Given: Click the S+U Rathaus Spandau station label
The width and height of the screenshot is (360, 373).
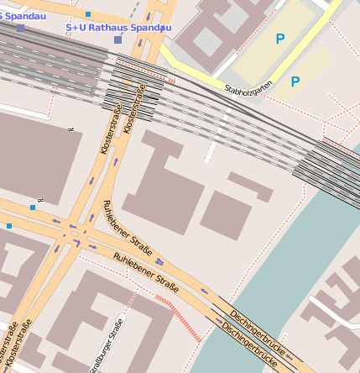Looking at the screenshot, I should point(118,27).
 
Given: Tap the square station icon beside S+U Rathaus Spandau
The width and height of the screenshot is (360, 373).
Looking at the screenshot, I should point(118,39).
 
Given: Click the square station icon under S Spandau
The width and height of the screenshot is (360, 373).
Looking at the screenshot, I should point(20,28).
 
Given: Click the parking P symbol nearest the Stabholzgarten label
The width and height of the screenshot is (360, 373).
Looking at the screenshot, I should point(295,81).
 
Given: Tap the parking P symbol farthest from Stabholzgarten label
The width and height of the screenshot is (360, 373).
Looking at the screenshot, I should point(279,38).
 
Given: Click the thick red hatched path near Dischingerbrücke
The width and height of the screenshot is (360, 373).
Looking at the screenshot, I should point(178,318).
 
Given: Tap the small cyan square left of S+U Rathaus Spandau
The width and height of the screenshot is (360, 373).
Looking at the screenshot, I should point(88,14).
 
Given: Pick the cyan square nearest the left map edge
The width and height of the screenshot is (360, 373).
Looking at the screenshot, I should point(9,225).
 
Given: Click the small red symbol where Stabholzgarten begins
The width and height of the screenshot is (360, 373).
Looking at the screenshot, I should point(172,80).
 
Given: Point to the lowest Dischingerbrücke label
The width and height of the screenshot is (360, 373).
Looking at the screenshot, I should point(248,344).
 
